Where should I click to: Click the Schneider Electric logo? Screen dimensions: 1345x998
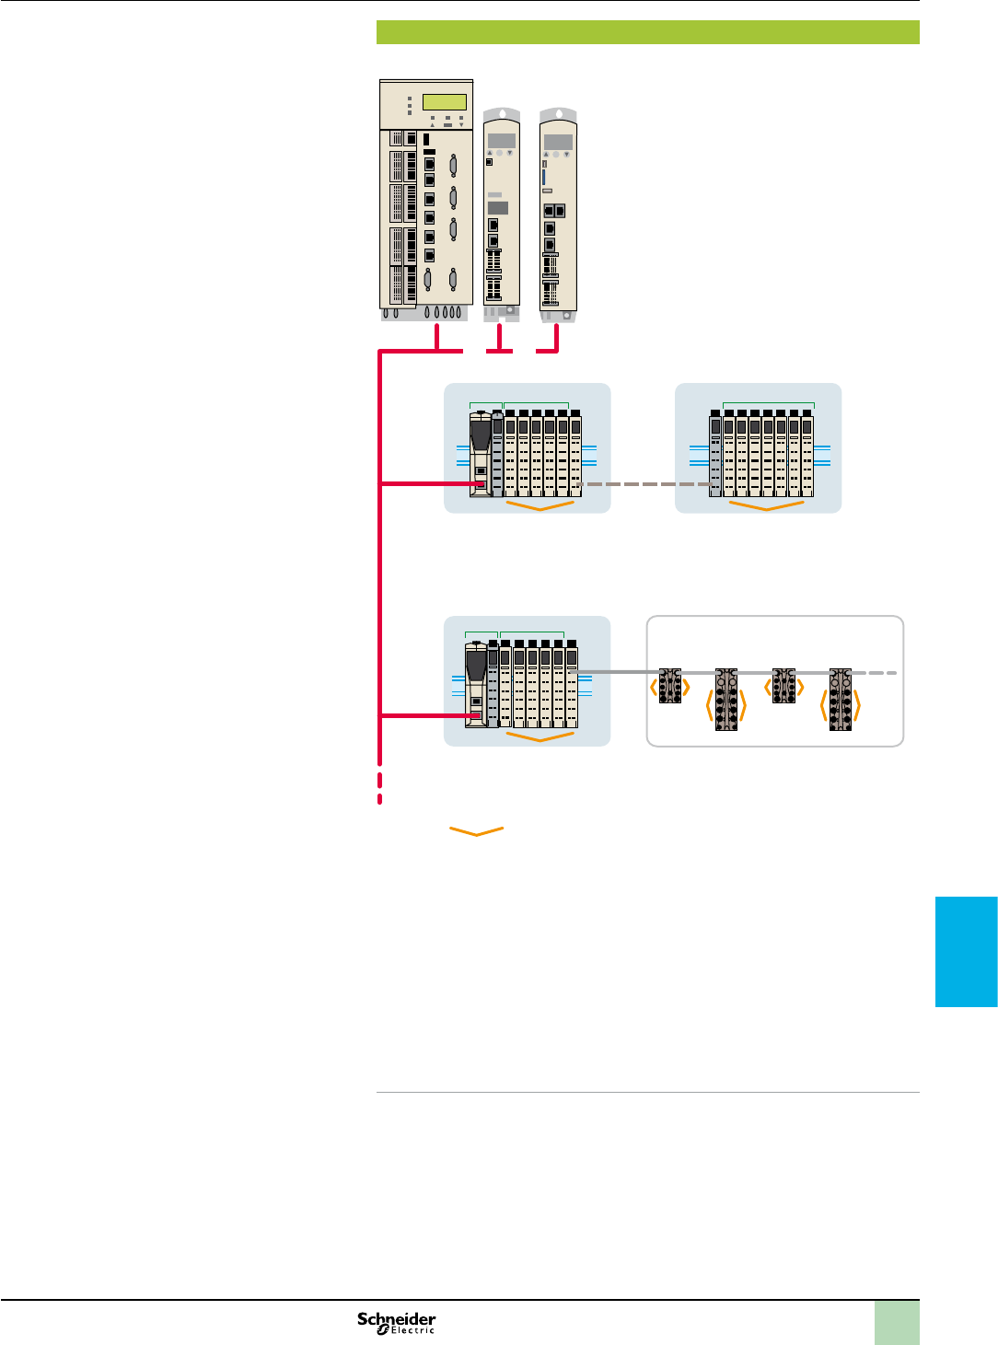pyautogui.click(x=397, y=1322)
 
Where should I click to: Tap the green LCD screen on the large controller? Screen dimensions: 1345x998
pyautogui.click(x=444, y=102)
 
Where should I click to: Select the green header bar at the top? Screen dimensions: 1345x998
pyautogui.click(x=647, y=32)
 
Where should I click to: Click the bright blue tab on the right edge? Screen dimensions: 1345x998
pyautogui.click(x=967, y=951)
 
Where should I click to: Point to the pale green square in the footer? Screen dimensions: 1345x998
pyautogui.click(x=896, y=1323)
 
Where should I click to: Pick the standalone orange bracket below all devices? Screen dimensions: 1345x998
pyautogui.click(x=477, y=831)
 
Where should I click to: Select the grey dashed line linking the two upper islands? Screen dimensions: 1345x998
pyautogui.click(x=645, y=484)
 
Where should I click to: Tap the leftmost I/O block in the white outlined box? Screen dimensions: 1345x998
pyautogui.click(x=670, y=686)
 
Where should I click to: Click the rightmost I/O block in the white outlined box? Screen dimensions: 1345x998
pyautogui.click(x=840, y=700)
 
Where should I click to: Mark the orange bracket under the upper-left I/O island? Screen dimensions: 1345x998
pyautogui.click(x=540, y=505)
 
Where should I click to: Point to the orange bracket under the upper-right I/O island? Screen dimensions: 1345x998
pyautogui.click(x=766, y=505)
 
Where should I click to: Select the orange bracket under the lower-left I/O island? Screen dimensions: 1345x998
pyautogui.click(x=540, y=737)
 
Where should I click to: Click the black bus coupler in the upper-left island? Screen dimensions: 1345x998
pyautogui.click(x=481, y=455)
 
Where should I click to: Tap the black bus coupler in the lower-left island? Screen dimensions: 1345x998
pyautogui.click(x=476, y=686)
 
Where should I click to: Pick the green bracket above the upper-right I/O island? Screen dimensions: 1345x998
pyautogui.click(x=768, y=404)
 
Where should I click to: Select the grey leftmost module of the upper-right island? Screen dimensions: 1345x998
pyautogui.click(x=715, y=458)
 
